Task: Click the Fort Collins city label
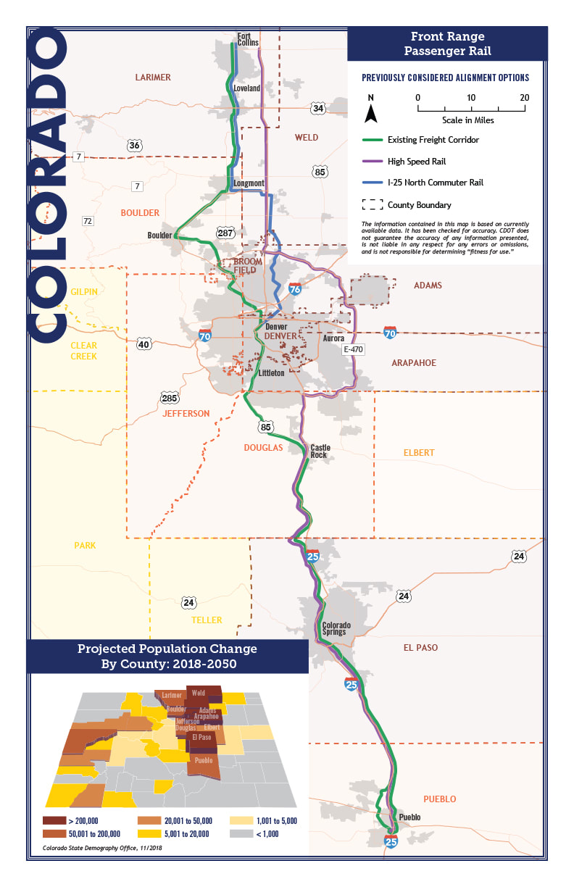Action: coord(248,39)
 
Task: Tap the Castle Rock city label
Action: coord(320,451)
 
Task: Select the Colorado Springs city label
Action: coord(336,628)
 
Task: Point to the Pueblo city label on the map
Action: coord(409,817)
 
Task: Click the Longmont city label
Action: coord(249,183)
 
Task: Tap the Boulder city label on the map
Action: coord(159,236)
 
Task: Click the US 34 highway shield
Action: coord(317,109)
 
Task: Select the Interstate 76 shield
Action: coord(295,289)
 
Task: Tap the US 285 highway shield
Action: coord(170,398)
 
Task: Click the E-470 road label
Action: coord(353,350)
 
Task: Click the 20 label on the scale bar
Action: coord(524,98)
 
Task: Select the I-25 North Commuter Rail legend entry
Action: coord(435,183)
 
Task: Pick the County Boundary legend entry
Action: coord(419,205)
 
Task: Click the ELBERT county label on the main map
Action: coord(419,453)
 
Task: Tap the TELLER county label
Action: coord(207,620)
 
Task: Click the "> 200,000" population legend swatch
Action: coord(53,821)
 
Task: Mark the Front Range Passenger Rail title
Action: coord(446,44)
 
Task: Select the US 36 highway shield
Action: coord(134,146)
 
